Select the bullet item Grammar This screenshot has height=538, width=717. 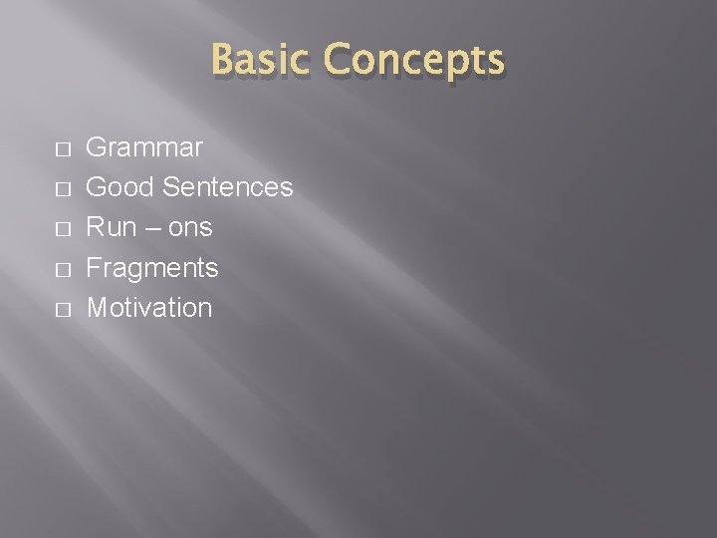pos(144,148)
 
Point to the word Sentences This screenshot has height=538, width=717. pos(227,187)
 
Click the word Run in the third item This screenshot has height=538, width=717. pos(112,227)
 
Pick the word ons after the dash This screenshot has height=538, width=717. pos(189,228)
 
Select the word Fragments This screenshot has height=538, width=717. pos(152,268)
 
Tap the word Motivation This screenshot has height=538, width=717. pos(149,308)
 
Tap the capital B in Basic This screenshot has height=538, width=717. pos(224,61)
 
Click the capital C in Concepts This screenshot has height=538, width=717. pos(338,61)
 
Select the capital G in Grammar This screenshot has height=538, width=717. pos(98,148)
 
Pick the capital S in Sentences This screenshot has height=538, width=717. pos(171,187)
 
